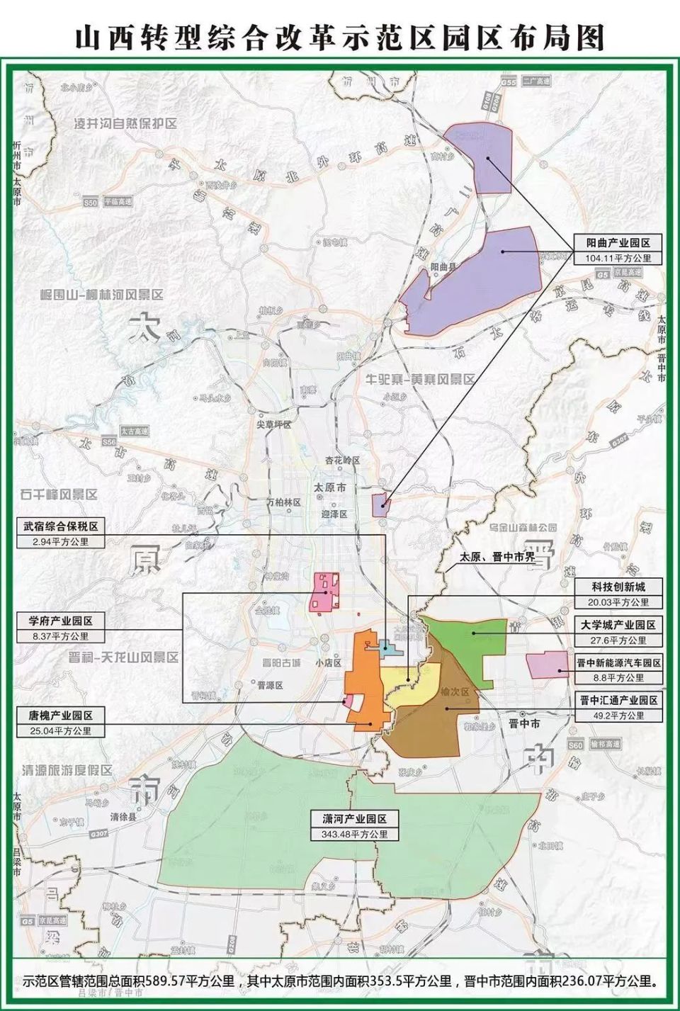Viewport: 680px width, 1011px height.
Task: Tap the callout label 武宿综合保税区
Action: pos(61,526)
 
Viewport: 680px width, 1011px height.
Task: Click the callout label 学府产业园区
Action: pos(61,621)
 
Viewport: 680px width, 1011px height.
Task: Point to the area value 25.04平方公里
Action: pos(61,730)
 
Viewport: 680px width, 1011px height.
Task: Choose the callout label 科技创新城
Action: pos(618,587)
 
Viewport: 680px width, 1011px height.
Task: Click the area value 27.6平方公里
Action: pos(618,640)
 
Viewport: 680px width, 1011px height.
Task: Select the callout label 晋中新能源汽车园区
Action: pos(618,663)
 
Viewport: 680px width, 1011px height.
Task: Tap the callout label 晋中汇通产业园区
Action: pos(618,700)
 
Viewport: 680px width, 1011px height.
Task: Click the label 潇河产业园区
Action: pos(355,818)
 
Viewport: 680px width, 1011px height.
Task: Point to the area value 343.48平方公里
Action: pos(355,834)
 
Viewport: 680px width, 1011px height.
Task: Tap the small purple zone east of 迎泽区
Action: pos(380,505)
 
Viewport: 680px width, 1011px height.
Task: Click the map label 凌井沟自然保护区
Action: pos(125,123)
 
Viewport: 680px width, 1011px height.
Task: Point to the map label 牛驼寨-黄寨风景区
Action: pos(420,379)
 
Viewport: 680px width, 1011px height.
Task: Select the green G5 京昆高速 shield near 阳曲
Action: pos(602,273)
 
